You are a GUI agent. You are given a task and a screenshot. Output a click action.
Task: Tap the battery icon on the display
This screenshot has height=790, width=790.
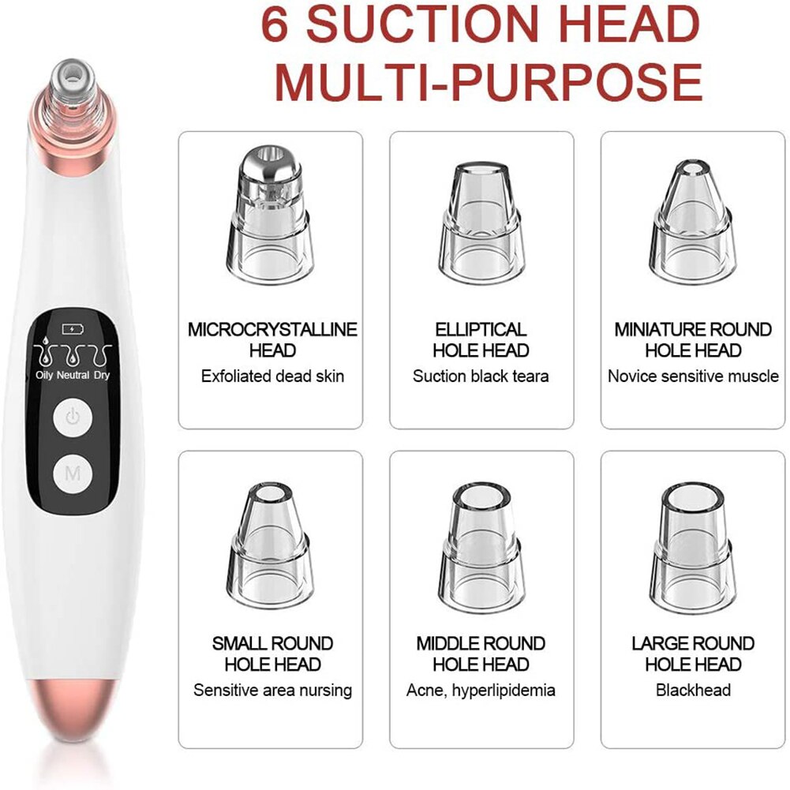(70, 328)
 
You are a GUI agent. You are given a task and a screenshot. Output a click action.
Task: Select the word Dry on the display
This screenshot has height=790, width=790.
(102, 376)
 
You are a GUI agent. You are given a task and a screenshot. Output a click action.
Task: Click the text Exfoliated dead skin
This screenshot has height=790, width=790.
(272, 376)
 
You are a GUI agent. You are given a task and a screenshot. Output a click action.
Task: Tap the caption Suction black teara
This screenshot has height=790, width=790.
(481, 376)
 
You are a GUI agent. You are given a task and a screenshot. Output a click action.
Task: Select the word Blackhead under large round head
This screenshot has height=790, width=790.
(693, 691)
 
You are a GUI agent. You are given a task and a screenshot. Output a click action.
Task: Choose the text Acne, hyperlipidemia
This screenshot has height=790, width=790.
(481, 691)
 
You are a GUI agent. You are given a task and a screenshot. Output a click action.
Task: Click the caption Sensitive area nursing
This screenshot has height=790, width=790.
(272, 691)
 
